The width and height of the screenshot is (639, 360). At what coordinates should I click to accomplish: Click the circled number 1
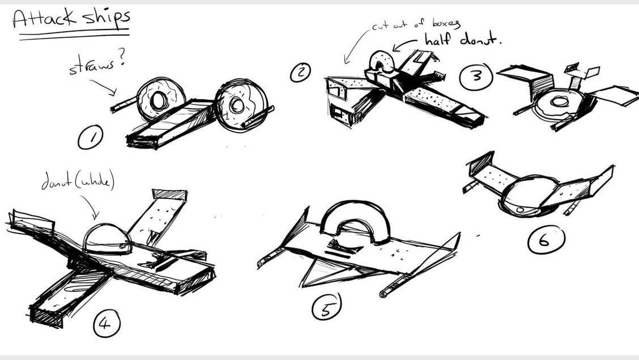[91, 137]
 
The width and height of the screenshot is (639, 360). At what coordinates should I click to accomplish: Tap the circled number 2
[300, 72]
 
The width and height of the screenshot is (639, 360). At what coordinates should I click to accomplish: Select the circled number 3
[476, 76]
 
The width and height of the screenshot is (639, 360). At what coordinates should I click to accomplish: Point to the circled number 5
[326, 307]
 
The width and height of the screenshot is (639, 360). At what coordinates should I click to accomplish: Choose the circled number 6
[546, 240]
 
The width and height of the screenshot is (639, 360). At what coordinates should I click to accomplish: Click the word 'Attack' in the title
[44, 18]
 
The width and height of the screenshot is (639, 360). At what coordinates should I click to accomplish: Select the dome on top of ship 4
[107, 239]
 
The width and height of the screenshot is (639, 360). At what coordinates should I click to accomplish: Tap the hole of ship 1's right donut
[236, 105]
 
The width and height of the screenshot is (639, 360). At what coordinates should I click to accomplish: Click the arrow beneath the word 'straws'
[103, 87]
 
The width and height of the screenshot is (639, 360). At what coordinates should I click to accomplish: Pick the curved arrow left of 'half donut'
[404, 43]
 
